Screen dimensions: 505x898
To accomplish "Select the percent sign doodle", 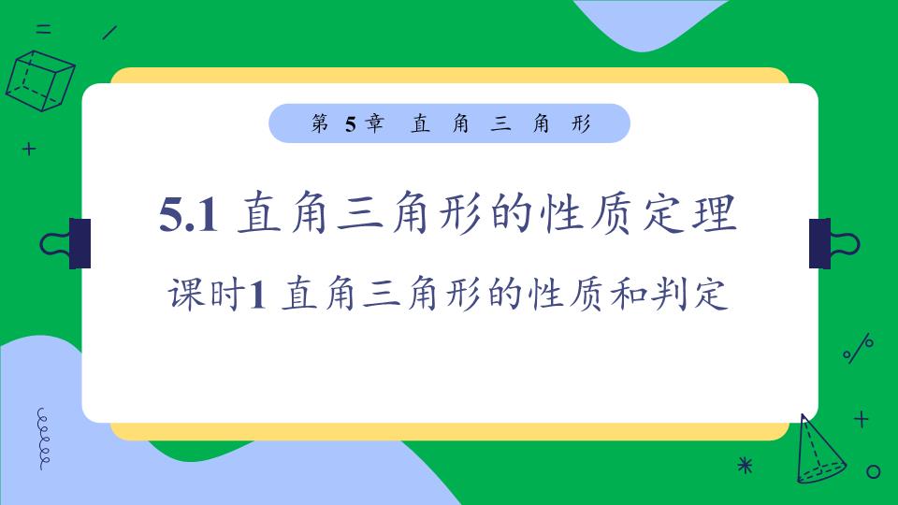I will point(858,349).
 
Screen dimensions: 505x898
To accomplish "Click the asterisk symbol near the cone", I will point(745,464).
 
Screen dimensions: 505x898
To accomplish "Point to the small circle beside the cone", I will point(874,471).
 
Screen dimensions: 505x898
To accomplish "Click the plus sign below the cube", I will point(29,148).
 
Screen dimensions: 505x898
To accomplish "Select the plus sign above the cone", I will point(862,419).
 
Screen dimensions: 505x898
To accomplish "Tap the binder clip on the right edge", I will point(832,243).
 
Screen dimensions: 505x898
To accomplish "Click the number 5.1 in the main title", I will point(189,216).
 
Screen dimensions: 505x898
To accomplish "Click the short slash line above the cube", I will point(109,32).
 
